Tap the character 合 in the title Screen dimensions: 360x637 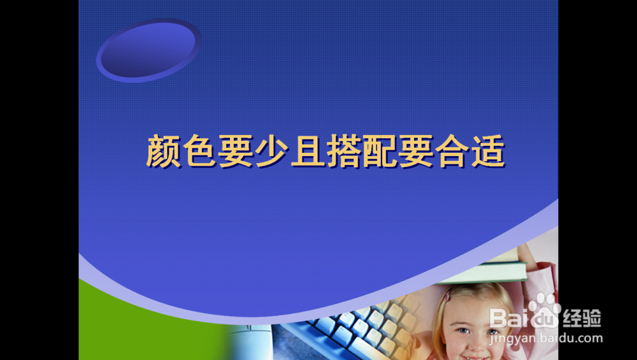point(452,152)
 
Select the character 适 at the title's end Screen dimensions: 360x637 point(488,152)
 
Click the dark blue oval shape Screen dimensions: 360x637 point(148,49)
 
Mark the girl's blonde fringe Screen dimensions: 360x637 point(475,303)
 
